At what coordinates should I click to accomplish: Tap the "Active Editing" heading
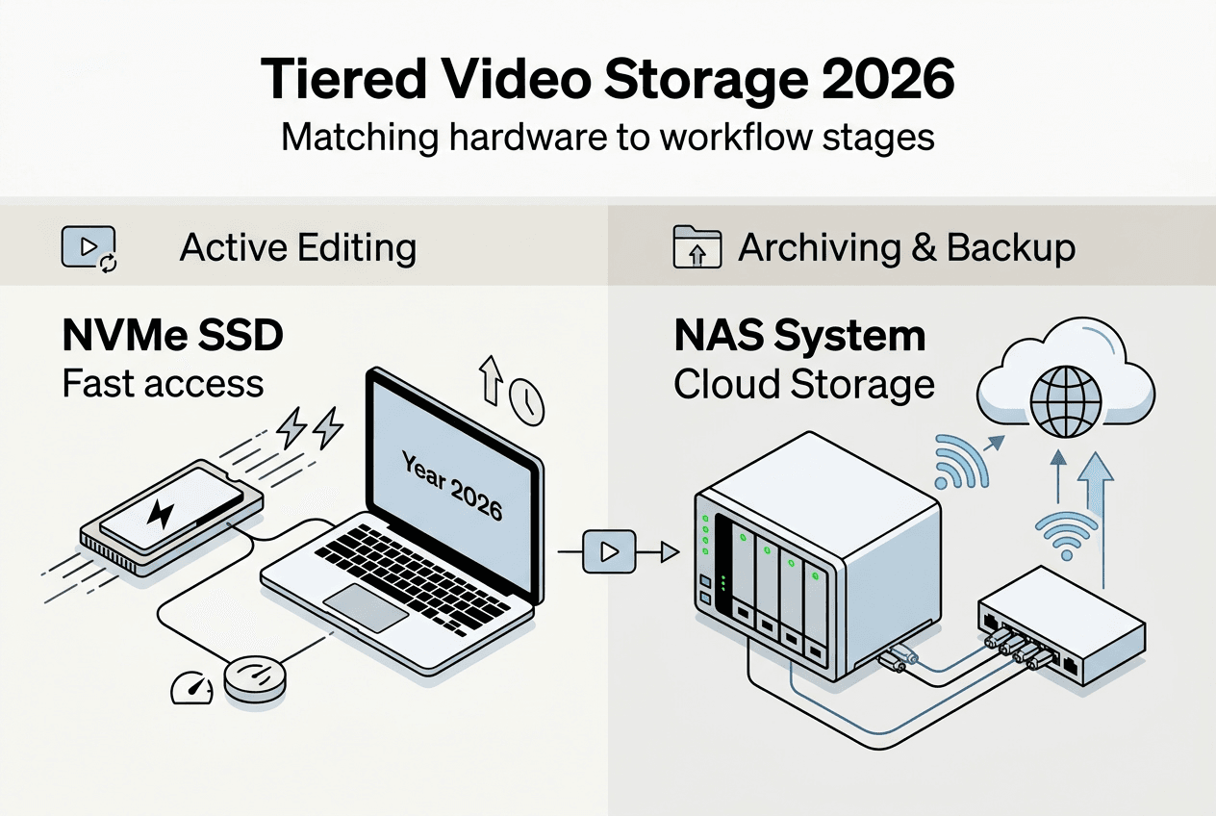tap(298, 248)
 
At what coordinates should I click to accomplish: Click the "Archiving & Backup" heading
tap(906, 248)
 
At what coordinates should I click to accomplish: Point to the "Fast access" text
tap(163, 384)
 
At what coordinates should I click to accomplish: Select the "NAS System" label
tap(799, 337)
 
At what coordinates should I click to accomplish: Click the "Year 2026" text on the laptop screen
tap(453, 487)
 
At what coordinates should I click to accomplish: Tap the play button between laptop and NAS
tap(608, 551)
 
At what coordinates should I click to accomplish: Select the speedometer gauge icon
tap(192, 686)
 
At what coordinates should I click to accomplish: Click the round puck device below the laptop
tap(254, 679)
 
